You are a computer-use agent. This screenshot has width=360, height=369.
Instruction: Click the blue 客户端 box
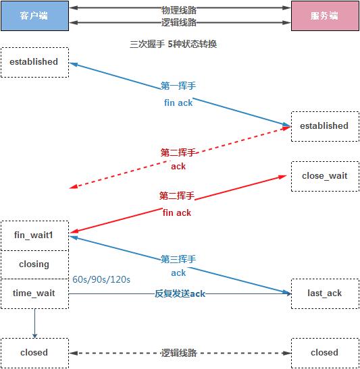(x=34, y=16)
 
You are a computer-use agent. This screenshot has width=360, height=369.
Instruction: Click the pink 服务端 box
(x=324, y=16)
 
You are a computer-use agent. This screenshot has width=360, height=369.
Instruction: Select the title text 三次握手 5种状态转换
(x=173, y=44)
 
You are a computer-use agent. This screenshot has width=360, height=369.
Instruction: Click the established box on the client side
(x=34, y=62)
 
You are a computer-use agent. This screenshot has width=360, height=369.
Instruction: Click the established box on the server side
(x=324, y=126)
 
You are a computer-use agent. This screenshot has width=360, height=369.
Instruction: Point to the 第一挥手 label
(x=178, y=86)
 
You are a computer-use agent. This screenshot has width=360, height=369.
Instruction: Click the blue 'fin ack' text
(x=178, y=103)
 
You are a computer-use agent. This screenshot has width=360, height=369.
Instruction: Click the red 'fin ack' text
(x=177, y=212)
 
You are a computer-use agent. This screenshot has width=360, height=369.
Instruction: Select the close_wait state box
(x=324, y=176)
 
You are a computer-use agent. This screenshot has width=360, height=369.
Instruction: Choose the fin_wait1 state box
(x=34, y=235)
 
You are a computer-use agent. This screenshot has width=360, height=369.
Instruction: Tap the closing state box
(x=34, y=264)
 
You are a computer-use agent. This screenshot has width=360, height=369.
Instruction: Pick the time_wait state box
(x=34, y=293)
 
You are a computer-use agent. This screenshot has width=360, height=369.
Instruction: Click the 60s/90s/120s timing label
(x=101, y=279)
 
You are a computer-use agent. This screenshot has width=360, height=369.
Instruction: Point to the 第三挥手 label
(x=178, y=258)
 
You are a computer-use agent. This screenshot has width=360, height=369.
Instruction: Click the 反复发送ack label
(x=180, y=293)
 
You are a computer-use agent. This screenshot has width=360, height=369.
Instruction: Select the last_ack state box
(x=324, y=293)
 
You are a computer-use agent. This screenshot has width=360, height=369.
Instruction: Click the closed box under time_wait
(x=34, y=352)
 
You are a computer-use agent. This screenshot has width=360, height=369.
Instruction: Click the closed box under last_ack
(x=324, y=352)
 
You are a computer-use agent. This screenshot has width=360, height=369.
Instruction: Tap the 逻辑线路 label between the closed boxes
(x=179, y=352)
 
